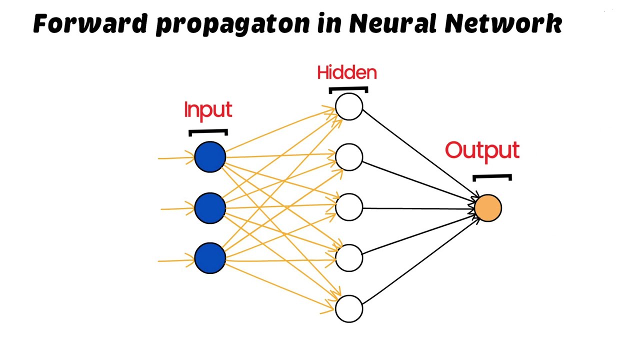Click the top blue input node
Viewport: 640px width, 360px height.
(x=210, y=157)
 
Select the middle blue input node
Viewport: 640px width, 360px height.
(x=210, y=208)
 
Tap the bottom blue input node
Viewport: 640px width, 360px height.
(x=210, y=258)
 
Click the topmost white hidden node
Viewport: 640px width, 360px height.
(x=349, y=107)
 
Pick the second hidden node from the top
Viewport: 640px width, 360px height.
(x=349, y=157)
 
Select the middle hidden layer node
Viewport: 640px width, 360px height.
(x=349, y=207)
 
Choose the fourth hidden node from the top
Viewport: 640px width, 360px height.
(x=349, y=258)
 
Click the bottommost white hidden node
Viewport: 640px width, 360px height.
(x=349, y=308)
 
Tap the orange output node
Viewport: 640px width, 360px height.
(x=487, y=208)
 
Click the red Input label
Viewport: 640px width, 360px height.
(x=208, y=110)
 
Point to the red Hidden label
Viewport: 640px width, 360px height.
(x=346, y=73)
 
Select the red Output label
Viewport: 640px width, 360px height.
(x=482, y=151)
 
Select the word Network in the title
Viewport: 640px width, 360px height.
(x=510, y=23)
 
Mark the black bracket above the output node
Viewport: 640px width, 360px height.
(x=492, y=177)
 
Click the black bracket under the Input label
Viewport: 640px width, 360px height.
(x=208, y=132)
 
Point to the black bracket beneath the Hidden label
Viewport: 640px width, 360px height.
(x=348, y=89)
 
